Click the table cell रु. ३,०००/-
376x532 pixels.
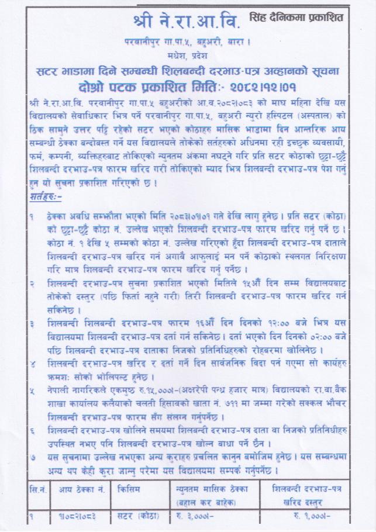click(196, 515)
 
